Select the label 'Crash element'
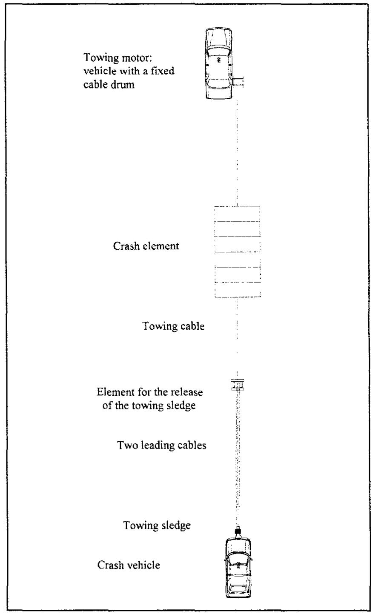pyautogui.click(x=146, y=246)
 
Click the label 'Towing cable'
pyautogui.click(x=173, y=327)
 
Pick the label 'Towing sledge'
pyautogui.click(x=157, y=525)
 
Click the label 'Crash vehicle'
pyautogui.click(x=129, y=565)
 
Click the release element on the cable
pyautogui.click(x=237, y=385)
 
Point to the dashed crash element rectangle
pyautogui.click(x=238, y=251)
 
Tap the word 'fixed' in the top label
pyautogui.click(x=163, y=71)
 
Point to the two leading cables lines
pyautogui.click(x=237, y=455)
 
